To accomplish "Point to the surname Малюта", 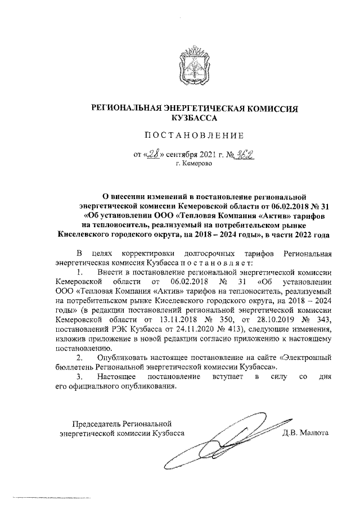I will tap(316, 433).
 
